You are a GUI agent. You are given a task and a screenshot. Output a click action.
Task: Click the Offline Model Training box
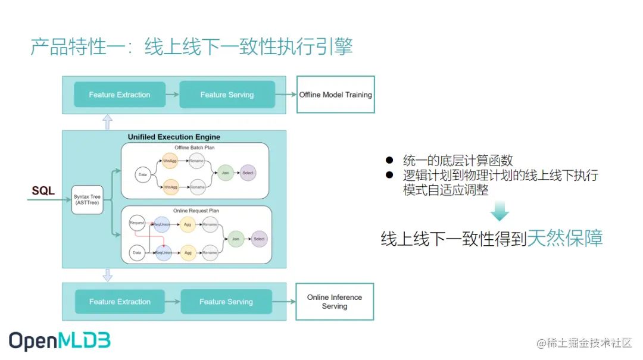point(335,95)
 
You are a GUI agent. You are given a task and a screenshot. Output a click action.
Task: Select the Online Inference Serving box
point(334,302)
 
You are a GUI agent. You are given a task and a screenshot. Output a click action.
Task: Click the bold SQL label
point(43,191)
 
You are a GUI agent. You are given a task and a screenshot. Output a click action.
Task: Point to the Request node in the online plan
point(137,223)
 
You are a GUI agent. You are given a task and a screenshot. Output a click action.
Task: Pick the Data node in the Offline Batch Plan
point(143,174)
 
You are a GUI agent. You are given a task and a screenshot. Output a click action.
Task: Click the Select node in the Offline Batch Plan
point(248,173)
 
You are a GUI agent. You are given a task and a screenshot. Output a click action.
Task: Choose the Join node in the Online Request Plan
point(236,239)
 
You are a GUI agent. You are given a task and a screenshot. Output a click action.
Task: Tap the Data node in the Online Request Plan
point(137,253)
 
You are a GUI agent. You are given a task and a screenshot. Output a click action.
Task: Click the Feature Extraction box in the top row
point(120,95)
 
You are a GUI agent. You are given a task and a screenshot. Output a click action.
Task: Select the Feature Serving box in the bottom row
point(226,302)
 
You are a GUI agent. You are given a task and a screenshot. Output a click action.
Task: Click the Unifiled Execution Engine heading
point(174,137)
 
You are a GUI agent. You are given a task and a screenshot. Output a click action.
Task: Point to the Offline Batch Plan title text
point(195,148)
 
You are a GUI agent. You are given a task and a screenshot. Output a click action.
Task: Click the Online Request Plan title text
point(196,211)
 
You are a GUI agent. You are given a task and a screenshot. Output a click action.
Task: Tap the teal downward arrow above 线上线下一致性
point(500,211)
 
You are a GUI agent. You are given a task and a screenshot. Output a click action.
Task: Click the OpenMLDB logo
point(60,340)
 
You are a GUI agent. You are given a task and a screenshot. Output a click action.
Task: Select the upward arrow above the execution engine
point(107,122)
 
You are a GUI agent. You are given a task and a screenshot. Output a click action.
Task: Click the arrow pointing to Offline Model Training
point(286,95)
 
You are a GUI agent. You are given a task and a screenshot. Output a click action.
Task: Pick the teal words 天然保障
point(565,239)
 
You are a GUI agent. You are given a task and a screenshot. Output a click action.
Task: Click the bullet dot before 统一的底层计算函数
point(389,160)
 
